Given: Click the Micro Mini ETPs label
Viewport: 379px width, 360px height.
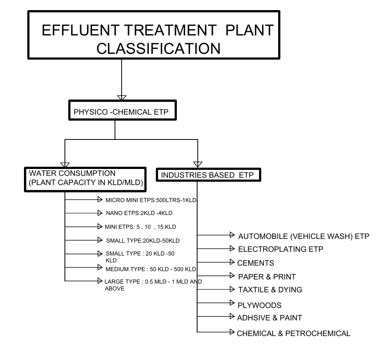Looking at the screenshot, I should (152, 200).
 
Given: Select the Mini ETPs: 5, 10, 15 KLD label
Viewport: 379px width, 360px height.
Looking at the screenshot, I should (141, 227).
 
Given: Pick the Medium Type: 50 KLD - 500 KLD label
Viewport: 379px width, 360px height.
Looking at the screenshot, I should (151, 269).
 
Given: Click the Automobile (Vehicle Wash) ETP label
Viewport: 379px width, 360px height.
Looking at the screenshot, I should (304, 237).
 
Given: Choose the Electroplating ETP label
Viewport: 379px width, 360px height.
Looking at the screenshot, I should (280, 250).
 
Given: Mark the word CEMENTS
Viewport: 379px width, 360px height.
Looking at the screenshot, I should (256, 263).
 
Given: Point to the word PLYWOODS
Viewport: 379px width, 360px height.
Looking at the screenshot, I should (259, 305).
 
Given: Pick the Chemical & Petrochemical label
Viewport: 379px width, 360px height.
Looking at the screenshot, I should (293, 333).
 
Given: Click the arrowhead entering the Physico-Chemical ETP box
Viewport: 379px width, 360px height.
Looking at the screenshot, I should (122, 97).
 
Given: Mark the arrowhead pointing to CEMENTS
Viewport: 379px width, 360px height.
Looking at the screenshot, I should (233, 262).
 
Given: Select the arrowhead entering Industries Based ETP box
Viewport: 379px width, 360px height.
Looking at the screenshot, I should (198, 164).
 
